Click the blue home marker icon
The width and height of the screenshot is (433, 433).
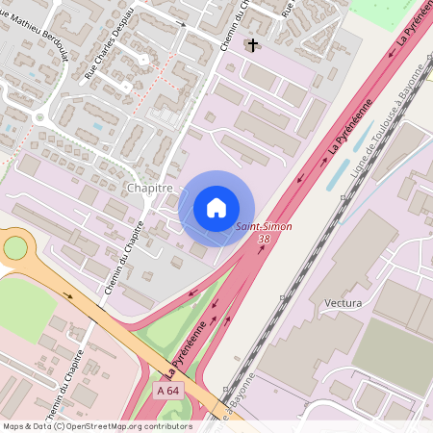216,208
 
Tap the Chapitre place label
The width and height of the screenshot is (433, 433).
150,189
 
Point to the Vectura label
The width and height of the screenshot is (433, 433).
344,303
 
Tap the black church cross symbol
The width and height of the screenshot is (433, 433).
253,44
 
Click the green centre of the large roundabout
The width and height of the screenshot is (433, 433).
15,248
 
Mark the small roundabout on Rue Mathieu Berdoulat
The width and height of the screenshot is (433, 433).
40,117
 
